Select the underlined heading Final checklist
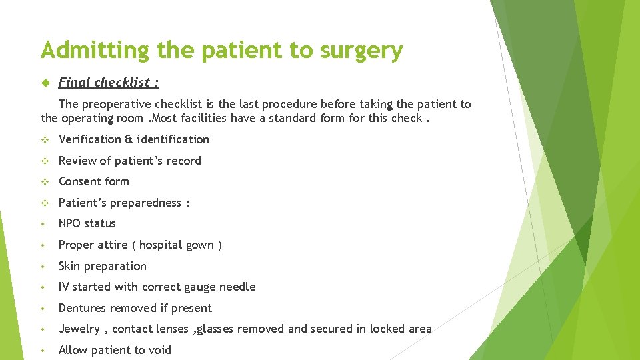109,82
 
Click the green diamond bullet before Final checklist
45,83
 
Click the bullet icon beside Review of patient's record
45,161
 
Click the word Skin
70,266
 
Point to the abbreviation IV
64,287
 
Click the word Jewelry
79,329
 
